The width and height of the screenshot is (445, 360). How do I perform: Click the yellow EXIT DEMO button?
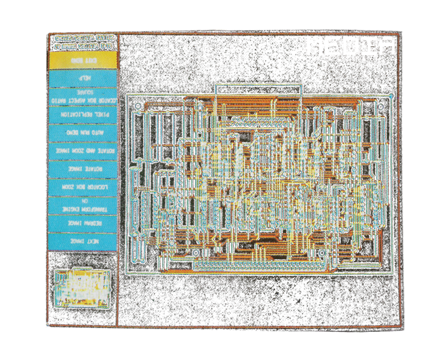[x=83, y=60]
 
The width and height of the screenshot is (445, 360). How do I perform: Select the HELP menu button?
[x=83, y=78]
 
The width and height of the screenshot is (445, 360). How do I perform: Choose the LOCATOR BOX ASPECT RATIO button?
[x=83, y=97]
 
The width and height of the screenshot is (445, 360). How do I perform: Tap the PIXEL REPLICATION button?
[x=83, y=114]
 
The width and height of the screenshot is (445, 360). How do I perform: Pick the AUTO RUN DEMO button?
[x=83, y=132]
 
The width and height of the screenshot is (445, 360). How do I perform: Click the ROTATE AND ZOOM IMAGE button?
[x=83, y=151]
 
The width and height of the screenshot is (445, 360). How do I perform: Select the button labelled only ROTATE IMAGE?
[x=83, y=169]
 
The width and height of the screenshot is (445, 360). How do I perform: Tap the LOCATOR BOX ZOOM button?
[x=83, y=187]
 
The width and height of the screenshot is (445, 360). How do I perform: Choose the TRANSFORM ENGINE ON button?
[x=83, y=205]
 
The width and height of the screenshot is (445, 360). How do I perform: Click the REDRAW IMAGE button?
[x=83, y=223]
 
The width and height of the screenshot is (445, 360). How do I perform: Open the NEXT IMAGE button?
[x=83, y=241]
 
